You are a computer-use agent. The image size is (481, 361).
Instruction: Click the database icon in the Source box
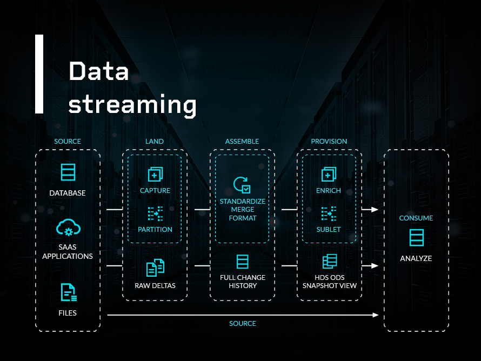(68, 172)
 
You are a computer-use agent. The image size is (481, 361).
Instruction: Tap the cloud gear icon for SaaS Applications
(68, 228)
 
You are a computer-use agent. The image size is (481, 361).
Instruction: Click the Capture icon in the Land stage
(155, 174)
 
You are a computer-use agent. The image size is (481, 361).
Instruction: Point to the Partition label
(155, 230)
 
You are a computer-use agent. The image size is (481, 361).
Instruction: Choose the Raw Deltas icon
(155, 267)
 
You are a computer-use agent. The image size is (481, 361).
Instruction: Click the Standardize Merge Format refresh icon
(242, 185)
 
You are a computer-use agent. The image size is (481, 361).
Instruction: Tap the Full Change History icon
(243, 262)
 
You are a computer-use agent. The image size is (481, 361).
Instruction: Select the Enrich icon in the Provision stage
(329, 174)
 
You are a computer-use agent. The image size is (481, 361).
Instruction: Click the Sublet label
(329, 230)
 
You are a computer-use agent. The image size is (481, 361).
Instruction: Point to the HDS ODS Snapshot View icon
(329, 262)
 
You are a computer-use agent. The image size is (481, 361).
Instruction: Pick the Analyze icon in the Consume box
(416, 238)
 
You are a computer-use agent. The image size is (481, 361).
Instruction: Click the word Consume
(416, 218)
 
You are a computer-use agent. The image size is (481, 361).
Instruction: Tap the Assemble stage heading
(242, 142)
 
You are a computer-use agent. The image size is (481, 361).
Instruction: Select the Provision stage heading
(329, 142)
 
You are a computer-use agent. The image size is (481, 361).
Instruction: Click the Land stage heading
(155, 142)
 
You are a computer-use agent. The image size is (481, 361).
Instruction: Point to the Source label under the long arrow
(243, 324)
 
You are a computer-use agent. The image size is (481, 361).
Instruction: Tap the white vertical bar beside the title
(39, 74)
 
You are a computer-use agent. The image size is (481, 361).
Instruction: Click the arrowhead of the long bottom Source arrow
(376, 315)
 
